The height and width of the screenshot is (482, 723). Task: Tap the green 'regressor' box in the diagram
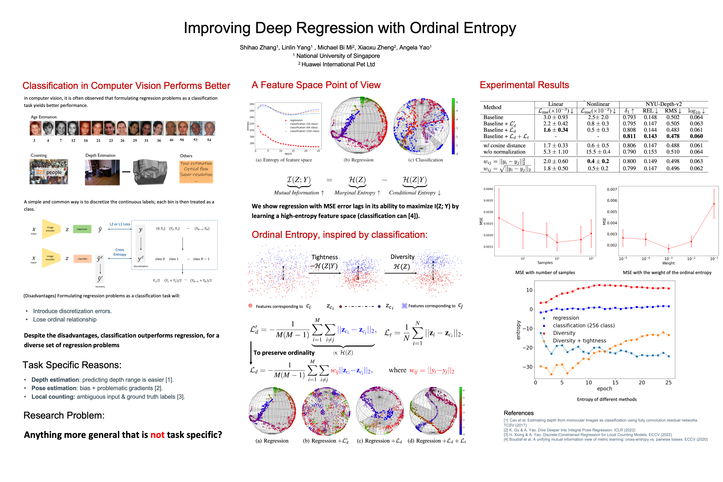coord(82,229)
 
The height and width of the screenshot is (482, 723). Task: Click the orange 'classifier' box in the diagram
coord(82,259)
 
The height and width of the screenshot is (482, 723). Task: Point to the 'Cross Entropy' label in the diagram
coord(120,252)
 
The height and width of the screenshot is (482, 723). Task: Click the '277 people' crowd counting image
coord(49,172)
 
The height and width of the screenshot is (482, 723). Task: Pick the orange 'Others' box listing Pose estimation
coord(196,171)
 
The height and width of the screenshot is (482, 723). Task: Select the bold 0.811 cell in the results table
coord(629,136)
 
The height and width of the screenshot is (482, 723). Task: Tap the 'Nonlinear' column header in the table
coord(598,104)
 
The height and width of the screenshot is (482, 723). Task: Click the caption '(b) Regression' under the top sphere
coord(358,160)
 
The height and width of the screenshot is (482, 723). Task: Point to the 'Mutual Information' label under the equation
coord(296,193)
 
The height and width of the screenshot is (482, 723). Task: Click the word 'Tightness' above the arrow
coord(325,257)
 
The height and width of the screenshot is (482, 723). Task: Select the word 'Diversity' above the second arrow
coord(402,257)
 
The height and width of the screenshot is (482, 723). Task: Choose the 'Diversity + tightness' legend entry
coord(575,341)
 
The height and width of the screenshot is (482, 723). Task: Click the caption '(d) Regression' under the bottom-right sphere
coord(437,441)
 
